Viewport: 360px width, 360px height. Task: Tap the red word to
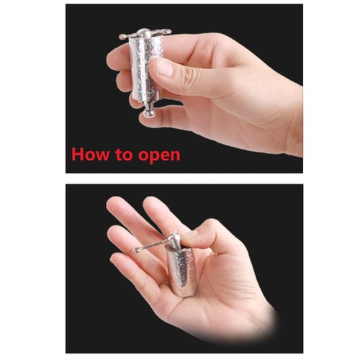(125, 155)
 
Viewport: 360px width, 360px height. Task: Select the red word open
(159, 156)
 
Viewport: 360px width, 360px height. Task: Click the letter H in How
(77, 154)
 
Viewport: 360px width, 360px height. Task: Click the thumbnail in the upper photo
(164, 66)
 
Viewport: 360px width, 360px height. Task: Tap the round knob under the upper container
(148, 113)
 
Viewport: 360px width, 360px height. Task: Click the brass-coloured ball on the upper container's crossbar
(122, 37)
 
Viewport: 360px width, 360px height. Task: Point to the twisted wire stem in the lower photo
(153, 245)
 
